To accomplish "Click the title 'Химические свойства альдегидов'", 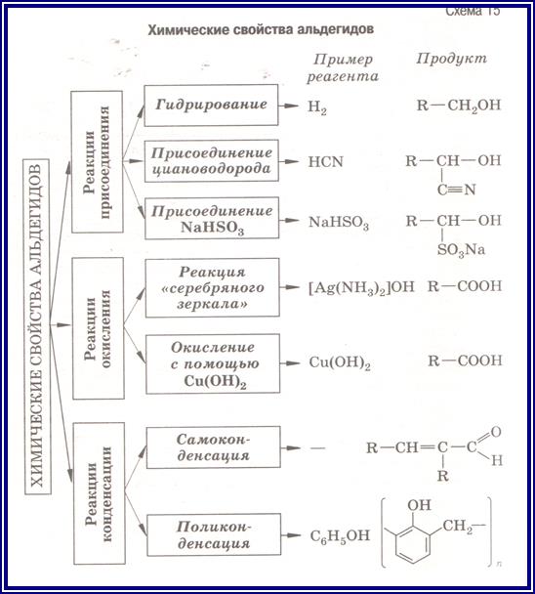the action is [261, 29].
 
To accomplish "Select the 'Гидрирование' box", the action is [211, 106].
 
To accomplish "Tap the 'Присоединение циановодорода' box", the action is [212, 161].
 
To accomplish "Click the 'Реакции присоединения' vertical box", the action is [98, 162].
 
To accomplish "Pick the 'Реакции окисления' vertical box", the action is [98, 328].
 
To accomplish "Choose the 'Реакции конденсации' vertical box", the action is [100, 493].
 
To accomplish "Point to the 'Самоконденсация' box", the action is [214, 447].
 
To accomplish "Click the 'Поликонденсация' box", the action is [214, 534].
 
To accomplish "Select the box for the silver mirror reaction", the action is [213, 287].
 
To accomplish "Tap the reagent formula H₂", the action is [317, 107].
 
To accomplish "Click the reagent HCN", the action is [326, 162].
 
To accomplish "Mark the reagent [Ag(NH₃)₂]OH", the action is [361, 287].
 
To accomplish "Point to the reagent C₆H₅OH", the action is [340, 536].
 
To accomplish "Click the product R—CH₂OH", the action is [459, 106].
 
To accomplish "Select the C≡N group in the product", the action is [456, 190].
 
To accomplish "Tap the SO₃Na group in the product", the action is [461, 250].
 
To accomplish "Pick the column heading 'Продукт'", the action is [451, 59].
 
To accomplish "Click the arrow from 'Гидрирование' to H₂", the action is [289, 106].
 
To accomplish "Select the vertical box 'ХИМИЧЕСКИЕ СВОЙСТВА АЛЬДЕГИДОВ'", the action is [37, 326].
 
